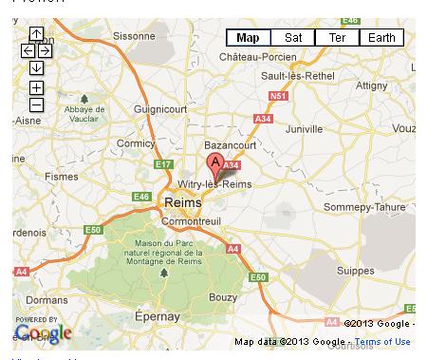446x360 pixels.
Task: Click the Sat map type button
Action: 293,38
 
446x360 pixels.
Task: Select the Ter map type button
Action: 337,38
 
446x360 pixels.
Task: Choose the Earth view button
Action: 381,38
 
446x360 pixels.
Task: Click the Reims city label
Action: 182,202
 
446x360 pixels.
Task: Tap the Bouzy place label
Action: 223,297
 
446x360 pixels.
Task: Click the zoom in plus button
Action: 36,88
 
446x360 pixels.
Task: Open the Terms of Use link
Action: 382,342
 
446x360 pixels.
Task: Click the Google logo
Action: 43,333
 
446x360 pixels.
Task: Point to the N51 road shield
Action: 277,96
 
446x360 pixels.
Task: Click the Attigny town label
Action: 371,85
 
